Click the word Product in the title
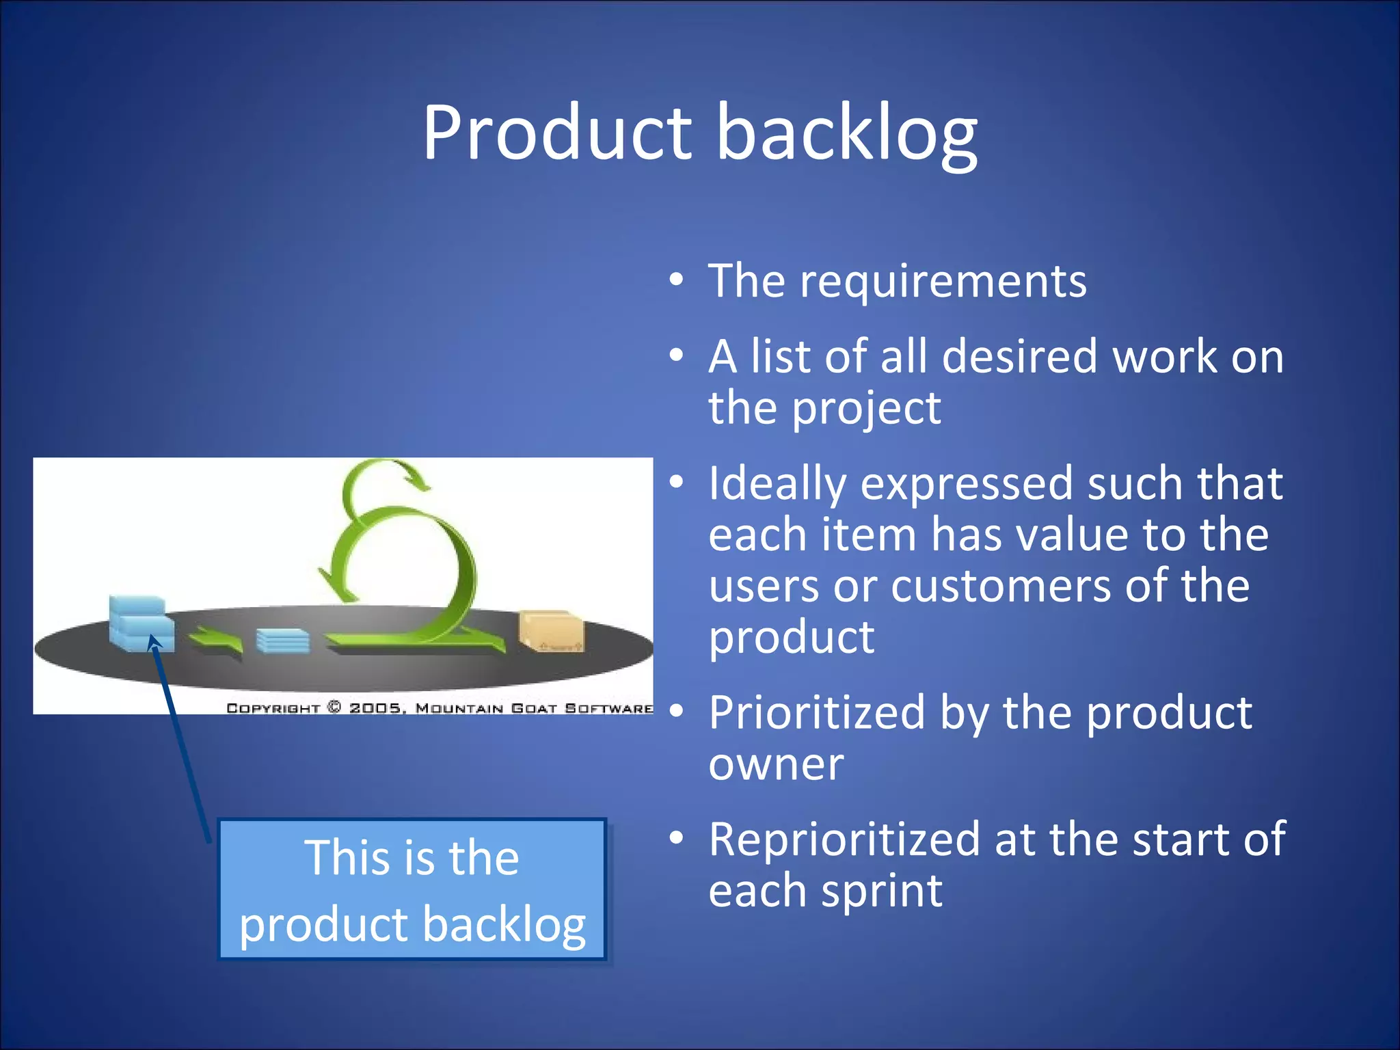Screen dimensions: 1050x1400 556,133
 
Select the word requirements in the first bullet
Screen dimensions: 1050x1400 943,282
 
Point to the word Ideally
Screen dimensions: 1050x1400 777,484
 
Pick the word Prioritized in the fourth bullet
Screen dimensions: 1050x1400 817,713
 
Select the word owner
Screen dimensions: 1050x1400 776,764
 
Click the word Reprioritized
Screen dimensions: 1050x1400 844,839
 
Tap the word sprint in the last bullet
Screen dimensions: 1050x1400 882,891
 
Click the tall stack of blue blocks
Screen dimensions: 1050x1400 140,623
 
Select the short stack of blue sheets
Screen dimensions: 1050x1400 282,641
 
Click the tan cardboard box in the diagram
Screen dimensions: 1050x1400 550,630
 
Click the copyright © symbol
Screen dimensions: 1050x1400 334,708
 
